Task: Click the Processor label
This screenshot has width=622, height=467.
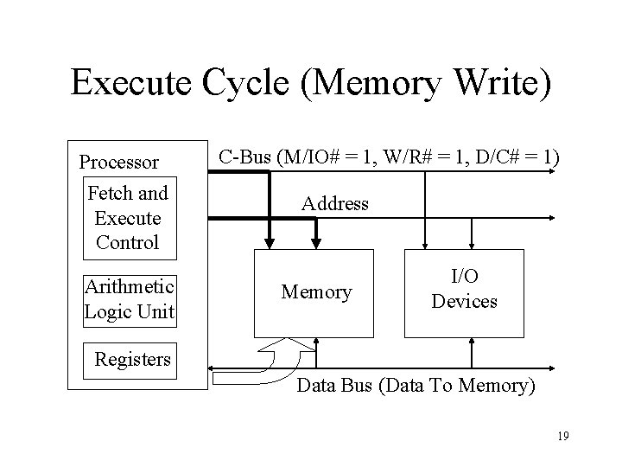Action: click(118, 162)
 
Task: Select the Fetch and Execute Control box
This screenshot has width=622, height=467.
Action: click(128, 217)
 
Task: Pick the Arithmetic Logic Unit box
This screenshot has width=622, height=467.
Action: click(129, 298)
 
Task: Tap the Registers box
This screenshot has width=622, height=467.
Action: click(132, 358)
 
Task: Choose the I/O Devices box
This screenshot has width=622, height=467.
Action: click(464, 291)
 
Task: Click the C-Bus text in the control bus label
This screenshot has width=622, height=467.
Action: click(244, 157)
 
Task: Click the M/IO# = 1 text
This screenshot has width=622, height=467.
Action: click(325, 157)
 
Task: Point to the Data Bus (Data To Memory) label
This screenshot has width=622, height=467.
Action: click(415, 386)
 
